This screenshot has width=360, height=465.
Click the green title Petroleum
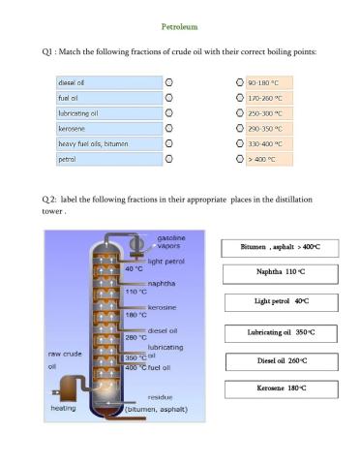(179, 27)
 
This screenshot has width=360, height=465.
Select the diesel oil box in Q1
(105, 82)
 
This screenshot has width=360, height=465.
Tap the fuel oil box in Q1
(105, 98)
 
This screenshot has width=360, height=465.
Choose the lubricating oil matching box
(105, 113)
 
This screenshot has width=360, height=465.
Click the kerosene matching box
(105, 128)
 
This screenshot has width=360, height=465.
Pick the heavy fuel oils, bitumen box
(105, 143)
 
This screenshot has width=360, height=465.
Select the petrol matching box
(105, 159)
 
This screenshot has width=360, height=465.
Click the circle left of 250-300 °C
(239, 113)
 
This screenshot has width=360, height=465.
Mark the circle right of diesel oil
(168, 82)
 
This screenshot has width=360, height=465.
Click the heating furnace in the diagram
(68, 387)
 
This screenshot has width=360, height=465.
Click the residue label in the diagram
(160, 397)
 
